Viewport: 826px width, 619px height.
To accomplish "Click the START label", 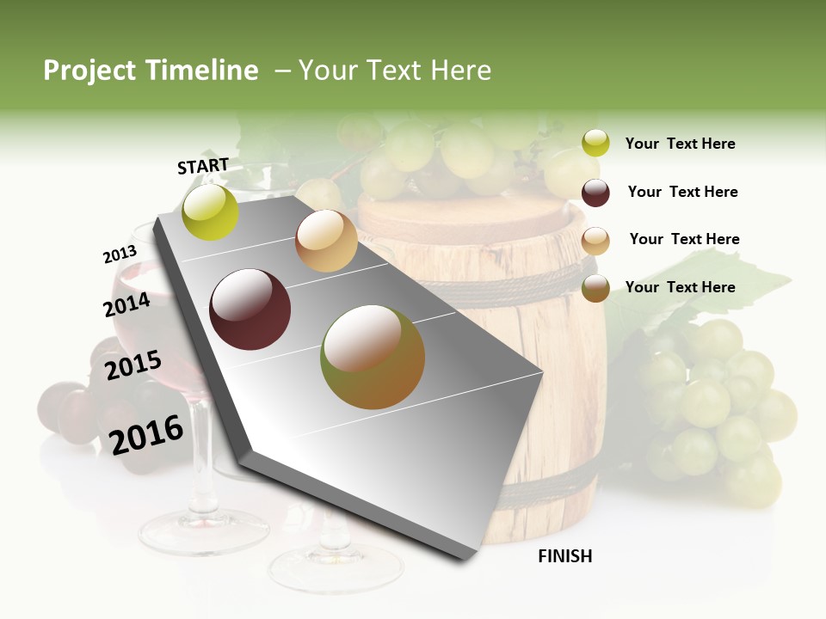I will pyautogui.click(x=203, y=166).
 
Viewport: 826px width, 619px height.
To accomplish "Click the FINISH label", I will pyautogui.click(x=565, y=556).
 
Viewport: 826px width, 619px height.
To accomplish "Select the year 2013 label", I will pyautogui.click(x=120, y=254).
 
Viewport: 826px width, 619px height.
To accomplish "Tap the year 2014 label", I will pyautogui.click(x=127, y=304).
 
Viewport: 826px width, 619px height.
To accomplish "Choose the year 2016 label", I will pyautogui.click(x=146, y=433).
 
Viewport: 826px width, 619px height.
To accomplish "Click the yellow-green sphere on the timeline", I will pyautogui.click(x=211, y=212).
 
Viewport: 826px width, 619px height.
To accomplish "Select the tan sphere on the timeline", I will pyautogui.click(x=326, y=241).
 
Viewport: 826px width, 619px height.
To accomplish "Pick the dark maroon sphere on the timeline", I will pyautogui.click(x=250, y=309).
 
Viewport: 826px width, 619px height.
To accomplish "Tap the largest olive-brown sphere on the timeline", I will pyautogui.click(x=373, y=357).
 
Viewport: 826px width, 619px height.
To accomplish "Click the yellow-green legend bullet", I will pyautogui.click(x=595, y=143).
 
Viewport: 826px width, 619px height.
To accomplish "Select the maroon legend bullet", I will pyautogui.click(x=595, y=193).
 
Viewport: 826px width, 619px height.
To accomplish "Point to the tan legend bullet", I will pyautogui.click(x=595, y=241).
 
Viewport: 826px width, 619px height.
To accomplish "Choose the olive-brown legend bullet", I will pyautogui.click(x=595, y=289).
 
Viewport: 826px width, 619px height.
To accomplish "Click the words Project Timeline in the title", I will pyautogui.click(x=151, y=70).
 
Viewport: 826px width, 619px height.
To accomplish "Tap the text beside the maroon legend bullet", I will pyautogui.click(x=682, y=192).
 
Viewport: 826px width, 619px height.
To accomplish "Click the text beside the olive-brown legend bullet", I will pyautogui.click(x=681, y=287).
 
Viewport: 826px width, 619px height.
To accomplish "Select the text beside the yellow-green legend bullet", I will pyautogui.click(x=681, y=144).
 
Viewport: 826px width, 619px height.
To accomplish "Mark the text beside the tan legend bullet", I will pyautogui.click(x=684, y=239).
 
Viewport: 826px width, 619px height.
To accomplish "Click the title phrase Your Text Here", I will pyautogui.click(x=395, y=70).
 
